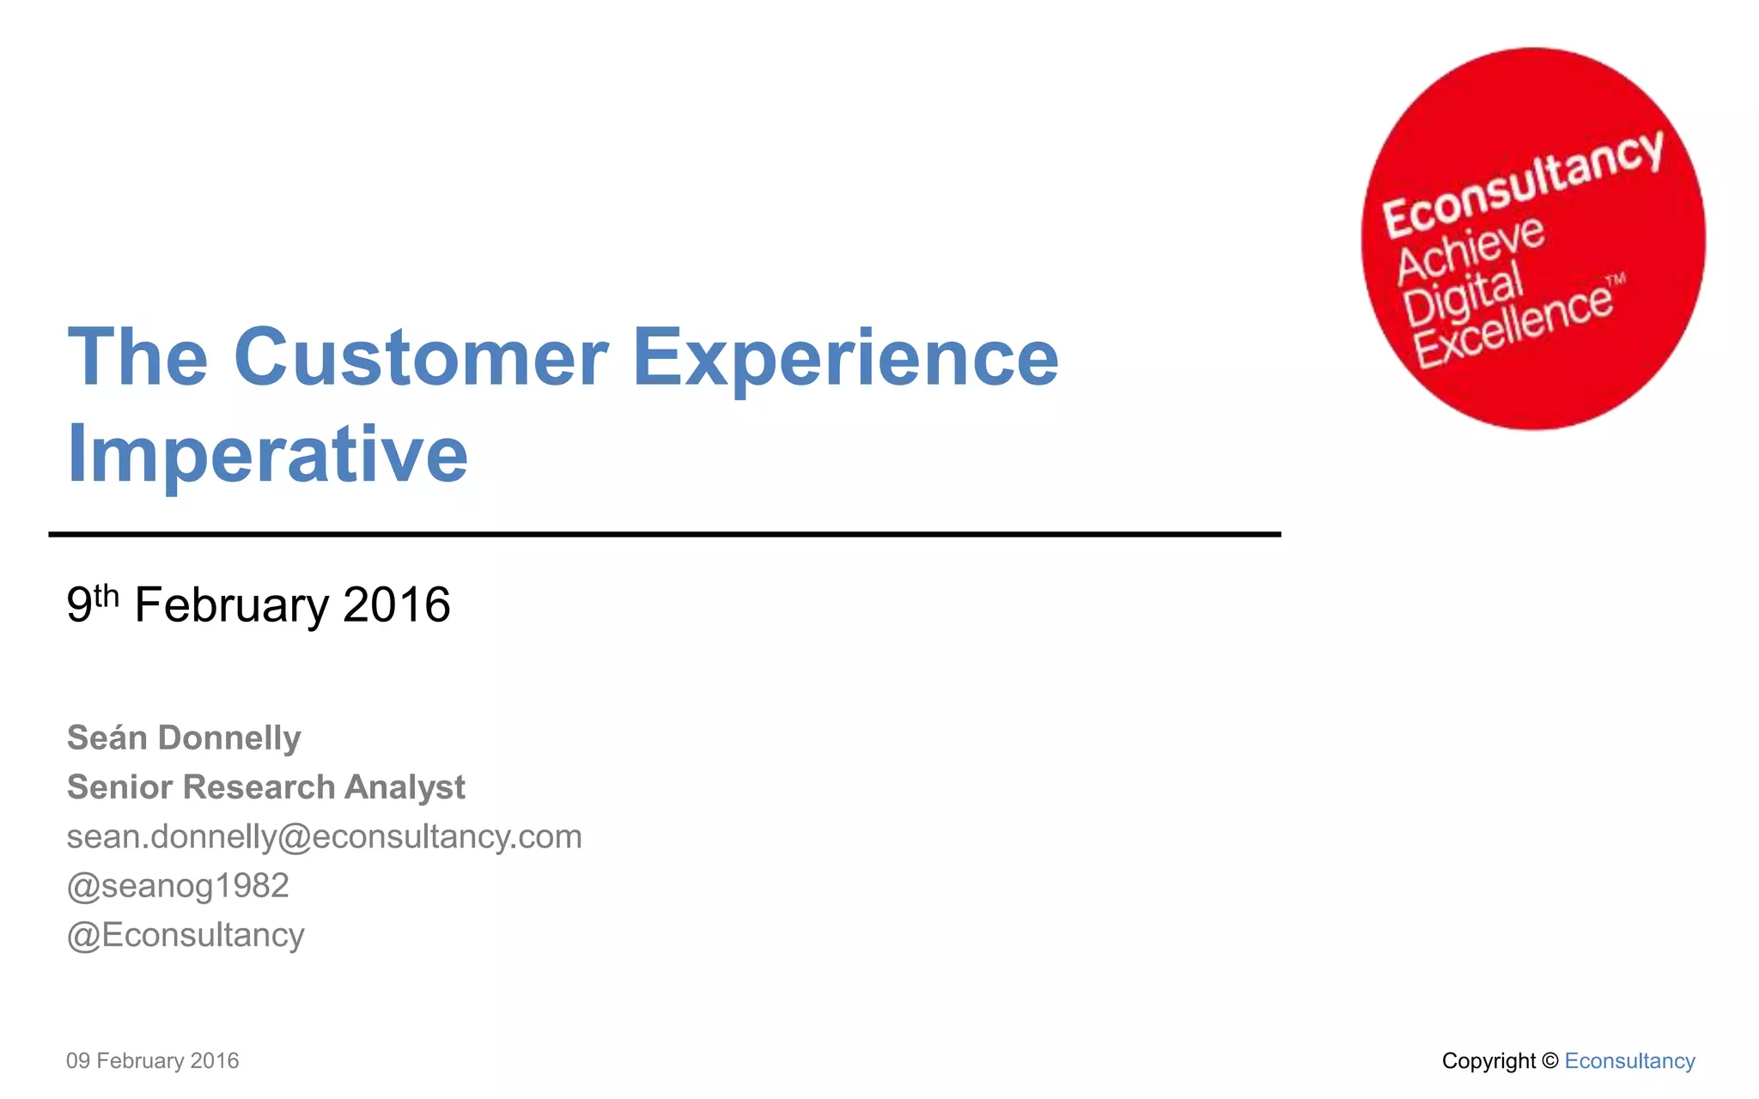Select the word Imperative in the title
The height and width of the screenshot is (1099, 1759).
(267, 455)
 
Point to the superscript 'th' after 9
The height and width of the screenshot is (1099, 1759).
(107, 594)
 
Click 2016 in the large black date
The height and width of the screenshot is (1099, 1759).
(396, 604)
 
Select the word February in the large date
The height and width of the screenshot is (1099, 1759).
(231, 604)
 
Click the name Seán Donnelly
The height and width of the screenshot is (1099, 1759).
(184, 738)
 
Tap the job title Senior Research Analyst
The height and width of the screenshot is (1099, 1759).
(265, 786)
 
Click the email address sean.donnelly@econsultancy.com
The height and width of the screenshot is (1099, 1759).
(324, 836)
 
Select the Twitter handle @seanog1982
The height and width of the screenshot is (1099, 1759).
(178, 885)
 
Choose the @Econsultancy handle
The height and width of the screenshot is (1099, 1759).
(186, 935)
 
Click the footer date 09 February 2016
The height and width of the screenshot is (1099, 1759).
(152, 1061)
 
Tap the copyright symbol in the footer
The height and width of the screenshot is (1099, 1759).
(1549, 1061)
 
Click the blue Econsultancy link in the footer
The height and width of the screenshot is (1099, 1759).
(1629, 1061)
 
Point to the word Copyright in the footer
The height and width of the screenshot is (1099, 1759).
(1488, 1061)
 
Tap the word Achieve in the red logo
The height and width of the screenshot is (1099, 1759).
(1470, 250)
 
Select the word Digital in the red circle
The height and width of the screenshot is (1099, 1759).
(1463, 296)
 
